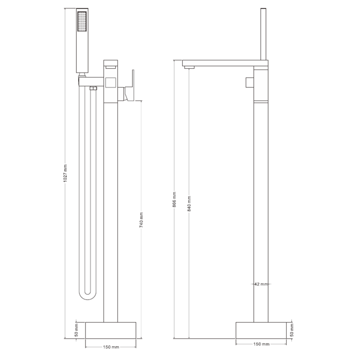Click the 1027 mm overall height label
tap(65, 173)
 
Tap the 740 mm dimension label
tap(142, 220)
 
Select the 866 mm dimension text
tap(174, 199)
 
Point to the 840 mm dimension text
tap(189, 204)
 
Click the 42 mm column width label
tap(261, 284)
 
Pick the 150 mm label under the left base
tap(111, 347)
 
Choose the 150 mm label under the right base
tap(261, 344)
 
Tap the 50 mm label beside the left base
tap(76, 330)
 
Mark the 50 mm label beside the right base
tap(292, 330)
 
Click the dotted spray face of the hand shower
tap(82, 21)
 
